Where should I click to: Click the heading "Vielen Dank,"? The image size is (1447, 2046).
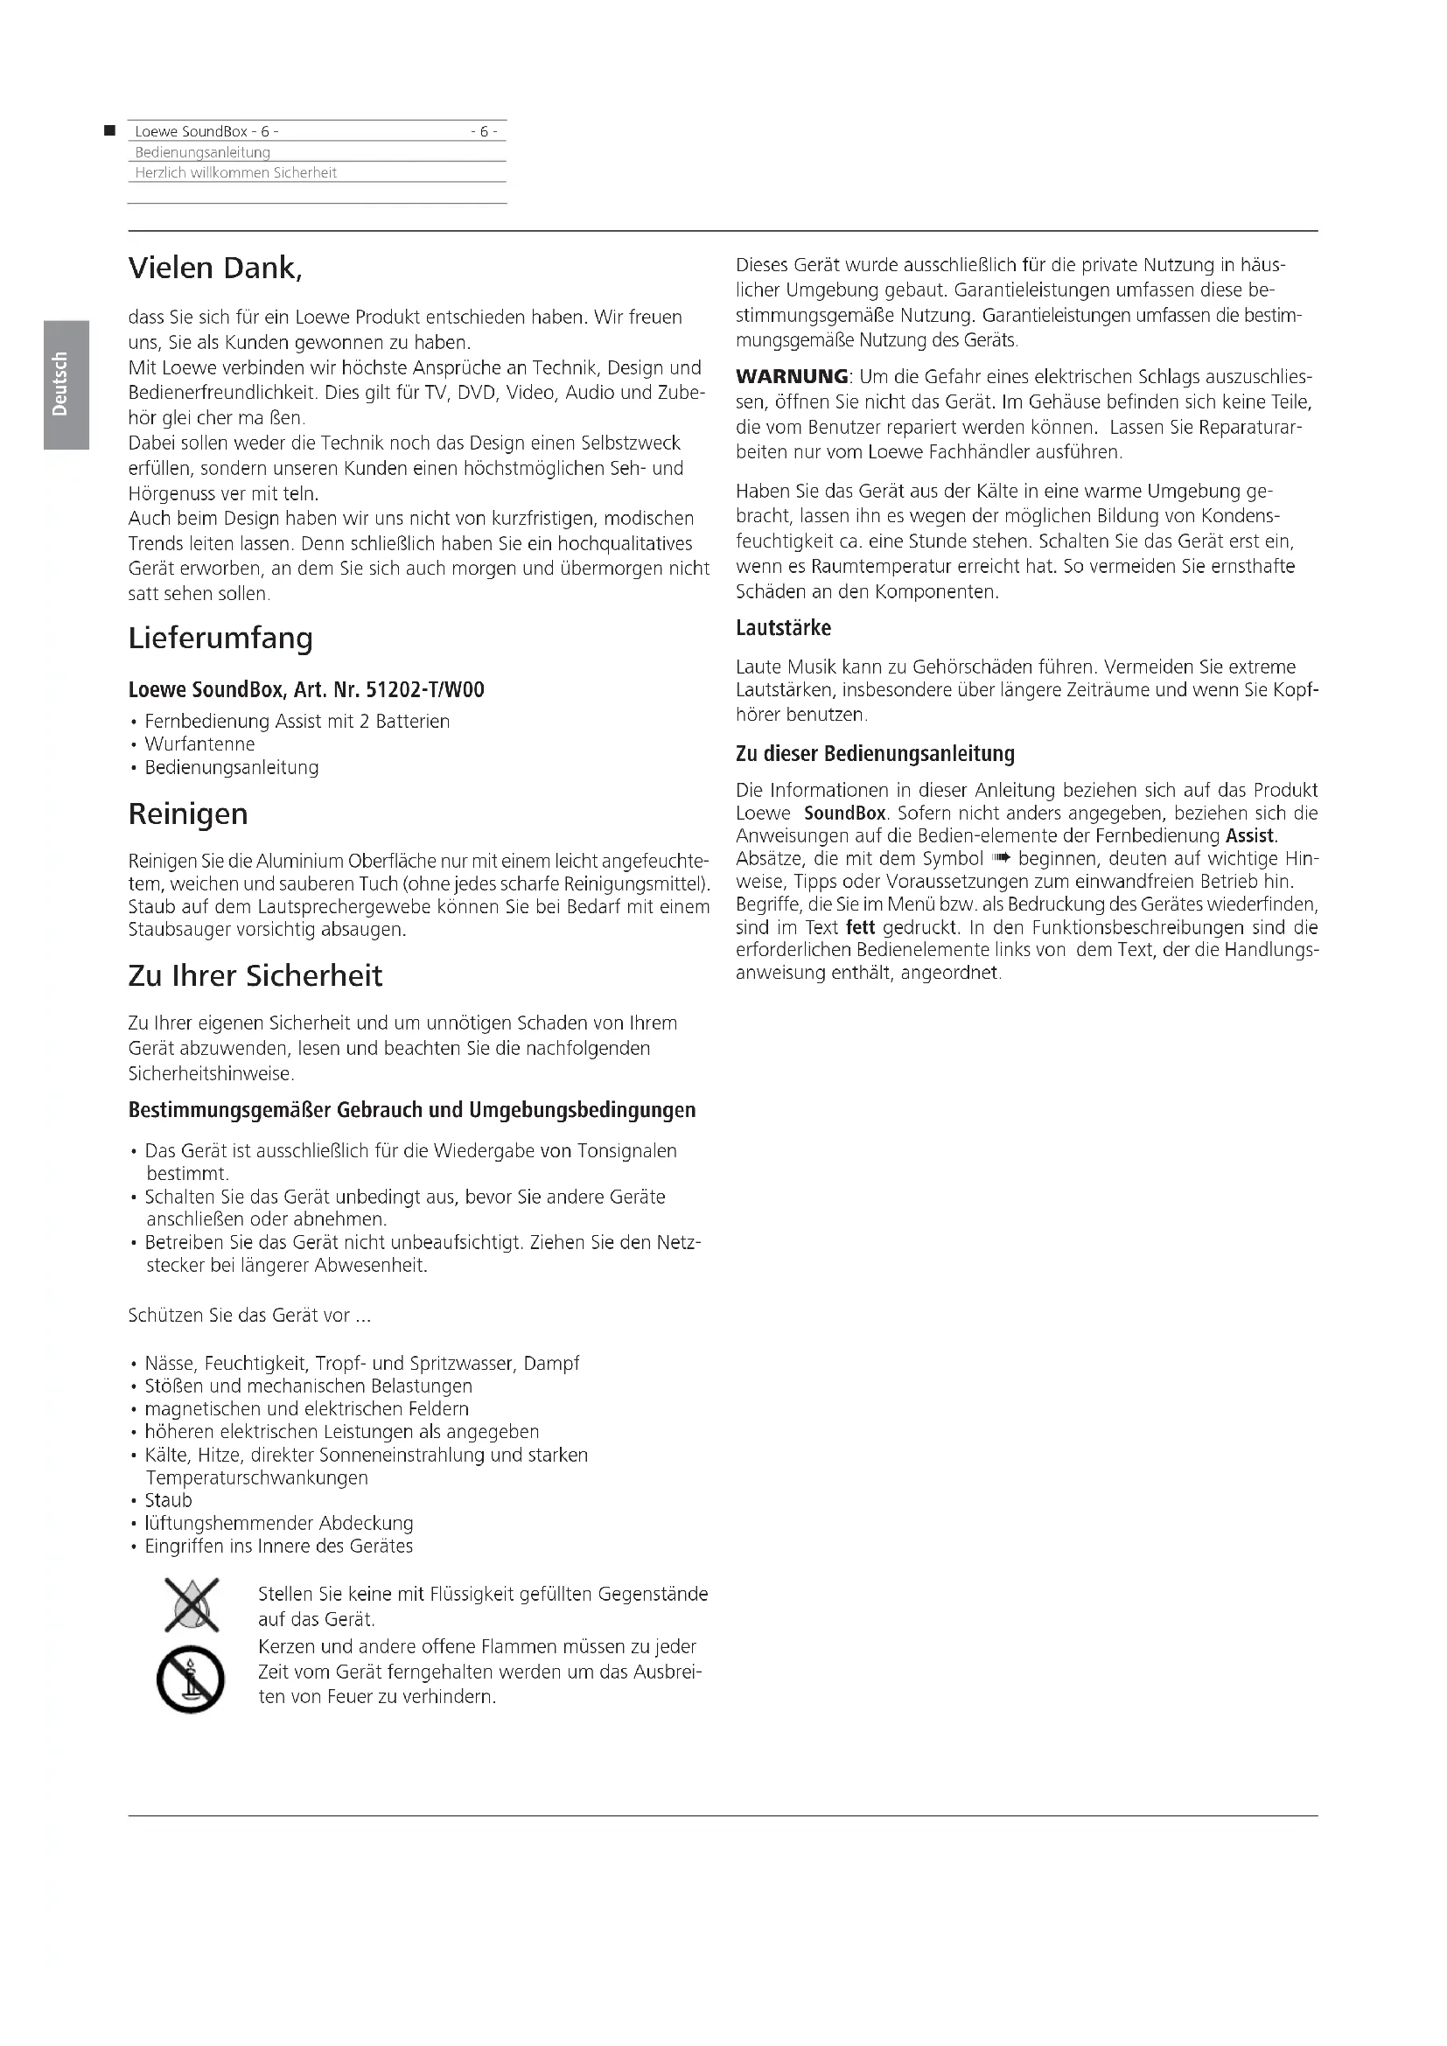coord(214,268)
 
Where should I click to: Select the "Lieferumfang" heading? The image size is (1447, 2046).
coord(220,638)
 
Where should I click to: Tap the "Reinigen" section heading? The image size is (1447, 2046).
coord(188,814)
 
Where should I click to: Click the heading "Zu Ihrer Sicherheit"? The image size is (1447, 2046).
coord(255,976)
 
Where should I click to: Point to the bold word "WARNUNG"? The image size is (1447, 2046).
coord(792,377)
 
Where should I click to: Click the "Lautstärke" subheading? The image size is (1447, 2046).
coord(783,628)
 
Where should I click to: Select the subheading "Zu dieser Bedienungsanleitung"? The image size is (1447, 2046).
coord(875,754)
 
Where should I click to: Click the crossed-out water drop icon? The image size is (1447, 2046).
coord(192,1604)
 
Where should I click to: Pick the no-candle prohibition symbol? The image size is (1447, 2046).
coord(190,1679)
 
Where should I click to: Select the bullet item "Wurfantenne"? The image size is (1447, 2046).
coord(199,744)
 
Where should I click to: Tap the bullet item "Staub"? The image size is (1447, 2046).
coord(168,1501)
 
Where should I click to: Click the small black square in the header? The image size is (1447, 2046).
coord(109,131)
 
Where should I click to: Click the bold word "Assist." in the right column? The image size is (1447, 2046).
coord(1252,836)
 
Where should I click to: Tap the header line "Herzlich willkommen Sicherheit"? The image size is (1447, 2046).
coord(235,173)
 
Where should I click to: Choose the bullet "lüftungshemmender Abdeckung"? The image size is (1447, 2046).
coord(279,1524)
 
